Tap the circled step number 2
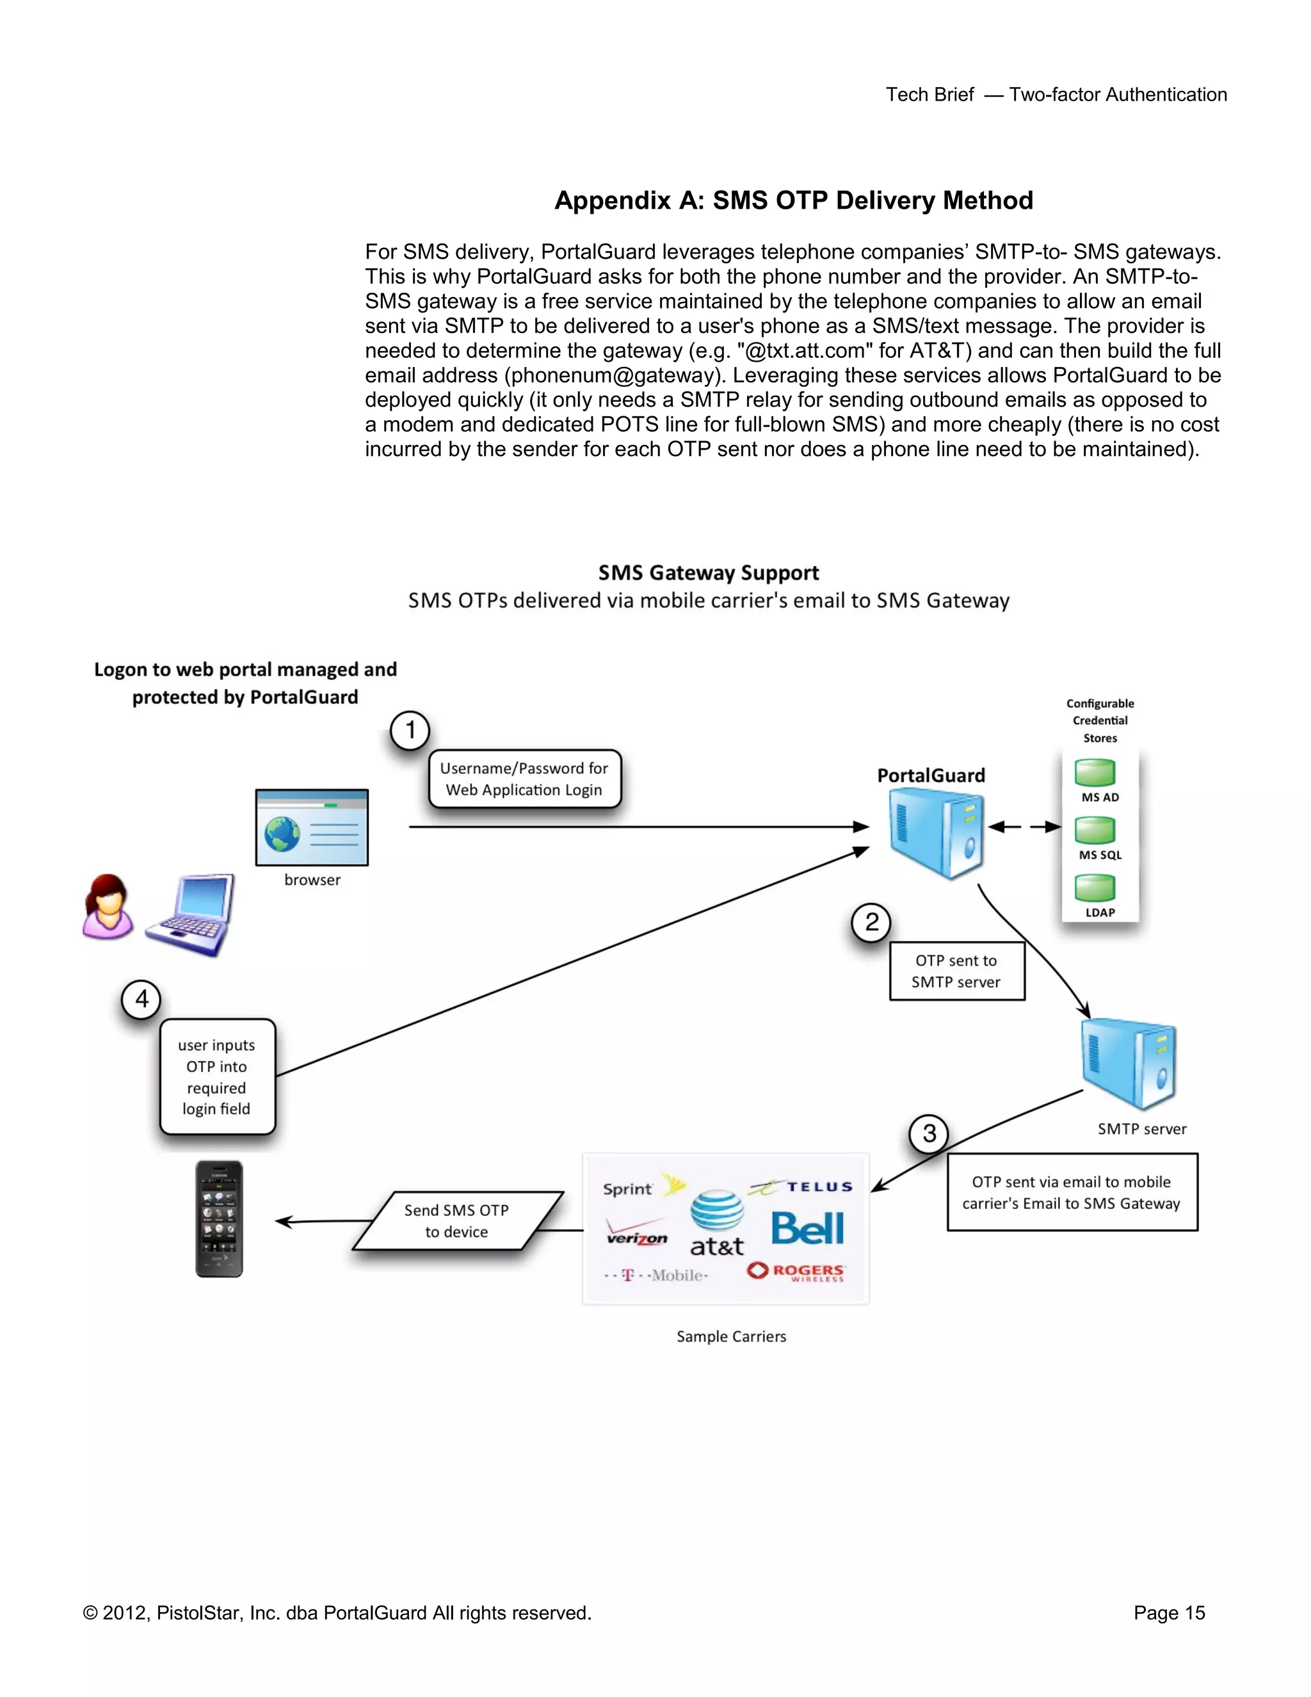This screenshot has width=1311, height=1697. point(871,922)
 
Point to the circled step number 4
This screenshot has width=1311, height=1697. point(141,999)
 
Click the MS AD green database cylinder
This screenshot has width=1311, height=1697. point(1095,772)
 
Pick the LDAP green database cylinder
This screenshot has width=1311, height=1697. point(1095,888)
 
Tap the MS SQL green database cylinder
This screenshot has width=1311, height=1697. point(1095,830)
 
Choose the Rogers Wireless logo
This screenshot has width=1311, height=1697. point(797,1271)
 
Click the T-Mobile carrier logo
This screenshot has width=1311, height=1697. point(656,1275)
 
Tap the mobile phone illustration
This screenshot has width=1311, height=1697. point(219,1219)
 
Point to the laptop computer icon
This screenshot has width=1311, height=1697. point(191,914)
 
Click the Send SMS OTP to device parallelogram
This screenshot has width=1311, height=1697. point(456,1221)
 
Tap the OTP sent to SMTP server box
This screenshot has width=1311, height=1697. point(956,971)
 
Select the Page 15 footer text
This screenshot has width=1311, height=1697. point(1169,1613)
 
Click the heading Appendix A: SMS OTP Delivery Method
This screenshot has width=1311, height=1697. point(793,200)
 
